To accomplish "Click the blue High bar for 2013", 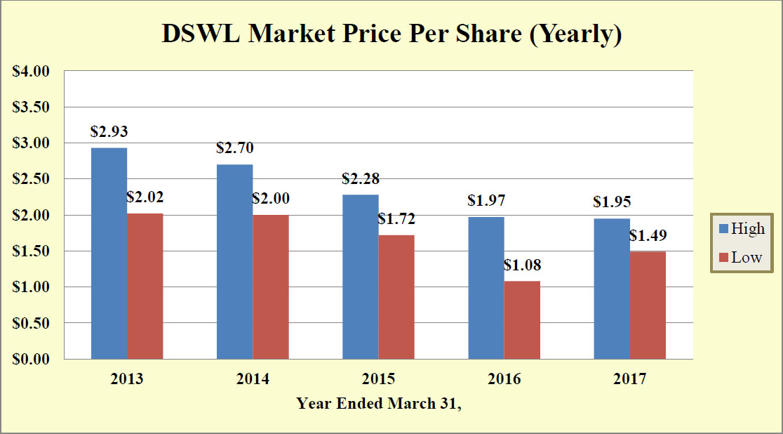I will pyautogui.click(x=109, y=253).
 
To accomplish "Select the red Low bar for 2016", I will pyautogui.click(x=522, y=320).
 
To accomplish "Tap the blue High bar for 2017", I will pyautogui.click(x=612, y=289).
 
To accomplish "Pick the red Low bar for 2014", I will pyautogui.click(x=271, y=287).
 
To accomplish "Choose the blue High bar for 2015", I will pyautogui.click(x=360, y=277).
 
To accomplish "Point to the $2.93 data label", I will pyautogui.click(x=109, y=131).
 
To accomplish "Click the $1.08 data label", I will pyautogui.click(x=522, y=265).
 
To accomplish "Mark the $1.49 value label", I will pyautogui.click(x=648, y=235).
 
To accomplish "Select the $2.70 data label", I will pyautogui.click(x=235, y=148).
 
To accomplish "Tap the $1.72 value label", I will pyautogui.click(x=396, y=219).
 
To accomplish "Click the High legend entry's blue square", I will pyautogui.click(x=723, y=229).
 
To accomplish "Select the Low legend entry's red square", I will pyautogui.click(x=723, y=257).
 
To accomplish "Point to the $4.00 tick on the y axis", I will pyautogui.click(x=32, y=71).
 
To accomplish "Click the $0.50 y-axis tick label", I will pyautogui.click(x=32, y=323).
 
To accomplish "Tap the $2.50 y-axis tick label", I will pyautogui.click(x=32, y=179).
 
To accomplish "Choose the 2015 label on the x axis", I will pyautogui.click(x=378, y=379).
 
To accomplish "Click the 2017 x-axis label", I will pyautogui.click(x=629, y=379).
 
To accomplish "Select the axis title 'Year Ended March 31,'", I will pyautogui.click(x=379, y=403).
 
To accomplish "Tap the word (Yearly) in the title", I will pyautogui.click(x=575, y=34).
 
